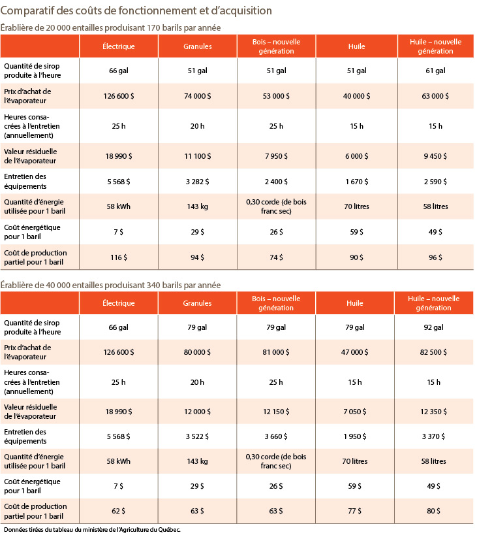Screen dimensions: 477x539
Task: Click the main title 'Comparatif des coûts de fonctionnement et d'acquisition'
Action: [x=136, y=10]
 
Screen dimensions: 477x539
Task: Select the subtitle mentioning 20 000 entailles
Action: [x=110, y=28]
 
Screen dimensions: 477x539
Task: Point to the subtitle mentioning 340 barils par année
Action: [x=110, y=285]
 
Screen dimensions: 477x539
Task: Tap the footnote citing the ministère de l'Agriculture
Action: [x=92, y=530]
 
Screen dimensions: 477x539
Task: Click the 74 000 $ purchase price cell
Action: [x=198, y=96]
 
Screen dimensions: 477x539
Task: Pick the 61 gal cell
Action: [x=435, y=71]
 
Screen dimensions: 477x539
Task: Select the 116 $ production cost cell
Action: [x=119, y=257]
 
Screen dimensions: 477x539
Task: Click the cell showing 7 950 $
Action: [x=276, y=156]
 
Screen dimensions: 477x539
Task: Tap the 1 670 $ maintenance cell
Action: [x=356, y=182]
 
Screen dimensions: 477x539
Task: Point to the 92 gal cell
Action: [x=433, y=327]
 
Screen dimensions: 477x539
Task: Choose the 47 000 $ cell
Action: [x=354, y=352]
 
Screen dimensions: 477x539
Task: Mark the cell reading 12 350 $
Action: [x=433, y=412]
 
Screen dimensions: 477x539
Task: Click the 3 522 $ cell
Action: [x=197, y=436]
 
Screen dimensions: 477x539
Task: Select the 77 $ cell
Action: [x=354, y=511]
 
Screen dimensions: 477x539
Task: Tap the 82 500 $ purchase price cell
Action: [x=433, y=352]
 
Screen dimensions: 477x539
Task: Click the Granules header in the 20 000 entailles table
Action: [x=198, y=46]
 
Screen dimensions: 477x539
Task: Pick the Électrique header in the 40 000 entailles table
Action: [x=119, y=303]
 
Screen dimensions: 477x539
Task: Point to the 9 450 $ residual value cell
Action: [x=435, y=156]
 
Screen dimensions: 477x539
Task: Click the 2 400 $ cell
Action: [x=276, y=182]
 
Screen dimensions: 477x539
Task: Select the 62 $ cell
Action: [x=119, y=511]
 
